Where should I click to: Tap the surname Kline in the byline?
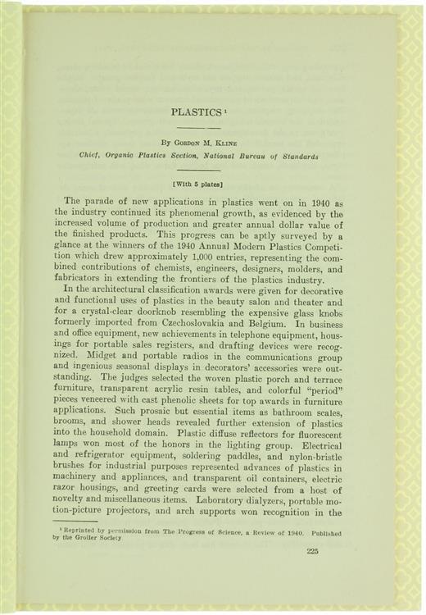pos(221,143)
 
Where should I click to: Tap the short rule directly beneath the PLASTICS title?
pos(201,128)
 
